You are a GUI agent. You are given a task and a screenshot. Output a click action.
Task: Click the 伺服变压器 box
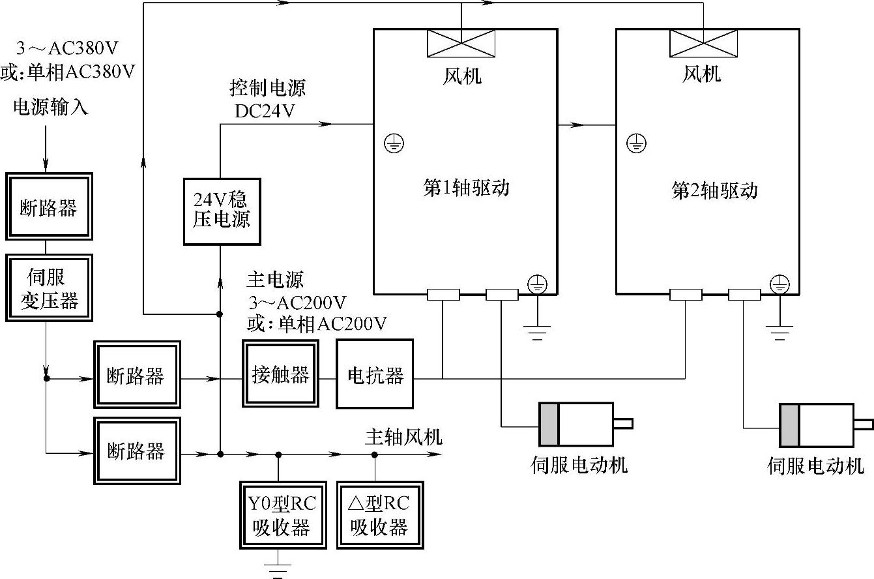(x=49, y=288)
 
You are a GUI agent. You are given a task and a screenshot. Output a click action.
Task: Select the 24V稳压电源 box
(x=222, y=210)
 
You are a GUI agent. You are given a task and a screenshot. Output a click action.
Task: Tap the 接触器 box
(x=281, y=374)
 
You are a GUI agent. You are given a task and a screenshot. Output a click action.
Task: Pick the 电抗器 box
(x=375, y=374)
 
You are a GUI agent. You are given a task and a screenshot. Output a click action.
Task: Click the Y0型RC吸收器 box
(x=282, y=515)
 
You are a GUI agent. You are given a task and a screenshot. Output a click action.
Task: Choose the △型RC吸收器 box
(x=379, y=515)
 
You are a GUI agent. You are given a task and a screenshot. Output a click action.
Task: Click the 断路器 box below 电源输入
(x=49, y=207)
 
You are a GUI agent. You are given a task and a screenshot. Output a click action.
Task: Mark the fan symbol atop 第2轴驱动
(x=703, y=44)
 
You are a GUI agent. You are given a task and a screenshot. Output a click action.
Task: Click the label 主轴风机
(x=403, y=436)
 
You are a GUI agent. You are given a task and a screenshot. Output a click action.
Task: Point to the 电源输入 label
(x=50, y=107)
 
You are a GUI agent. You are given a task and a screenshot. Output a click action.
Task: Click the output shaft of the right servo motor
(x=864, y=425)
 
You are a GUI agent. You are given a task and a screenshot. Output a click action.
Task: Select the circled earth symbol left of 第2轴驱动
(x=636, y=143)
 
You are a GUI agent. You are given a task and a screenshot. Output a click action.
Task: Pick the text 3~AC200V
(x=297, y=303)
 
